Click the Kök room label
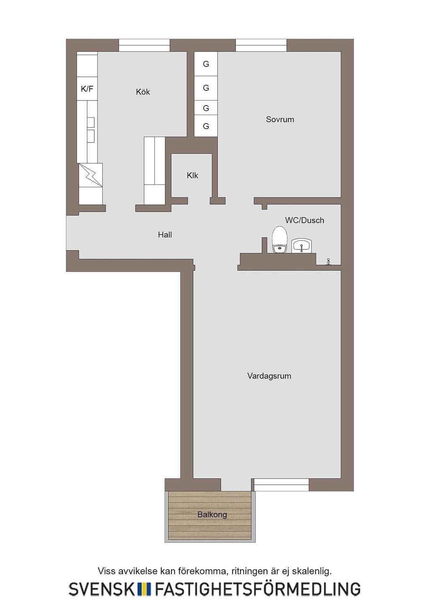pyautogui.click(x=143, y=92)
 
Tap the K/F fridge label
pyautogui.click(x=87, y=89)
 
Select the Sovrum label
pyautogui.click(x=280, y=119)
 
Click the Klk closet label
pyautogui.click(x=192, y=175)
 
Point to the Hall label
pyautogui.click(x=165, y=234)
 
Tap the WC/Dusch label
pyautogui.click(x=305, y=220)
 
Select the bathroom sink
pyautogui.click(x=302, y=245)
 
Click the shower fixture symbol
pyautogui.click(x=328, y=261)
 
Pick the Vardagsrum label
pyautogui.click(x=269, y=376)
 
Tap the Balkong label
pyautogui.click(x=212, y=514)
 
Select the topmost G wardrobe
pyautogui.click(x=206, y=64)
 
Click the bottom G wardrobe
pyautogui.click(x=206, y=126)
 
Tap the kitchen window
pyautogui.click(x=145, y=45)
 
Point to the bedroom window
pyautogui.click(x=261, y=45)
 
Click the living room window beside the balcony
pyautogui.click(x=282, y=485)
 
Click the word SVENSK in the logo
pyautogui.click(x=101, y=589)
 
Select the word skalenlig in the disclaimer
pyautogui.click(x=315, y=571)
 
